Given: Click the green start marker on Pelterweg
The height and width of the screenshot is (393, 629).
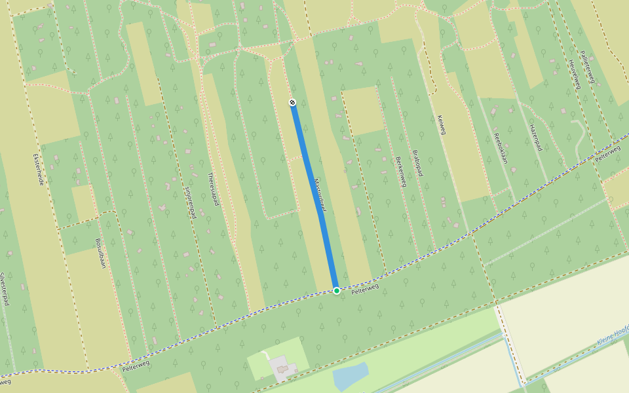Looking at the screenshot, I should (336, 290).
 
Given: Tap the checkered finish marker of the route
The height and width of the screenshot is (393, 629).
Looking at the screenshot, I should (292, 102).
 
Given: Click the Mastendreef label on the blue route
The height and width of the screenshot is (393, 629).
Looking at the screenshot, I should (319, 195).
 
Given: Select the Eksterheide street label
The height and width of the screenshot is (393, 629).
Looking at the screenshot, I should (39, 170).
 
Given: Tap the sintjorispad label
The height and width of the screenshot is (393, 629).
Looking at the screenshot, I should (190, 202).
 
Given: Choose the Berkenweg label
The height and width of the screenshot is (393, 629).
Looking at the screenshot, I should (400, 172).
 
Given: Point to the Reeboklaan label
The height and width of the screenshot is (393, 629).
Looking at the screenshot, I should (501, 148).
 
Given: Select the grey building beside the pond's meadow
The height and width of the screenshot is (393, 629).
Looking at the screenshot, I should (282, 367).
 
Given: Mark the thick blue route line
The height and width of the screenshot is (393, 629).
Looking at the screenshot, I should (314, 196).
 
